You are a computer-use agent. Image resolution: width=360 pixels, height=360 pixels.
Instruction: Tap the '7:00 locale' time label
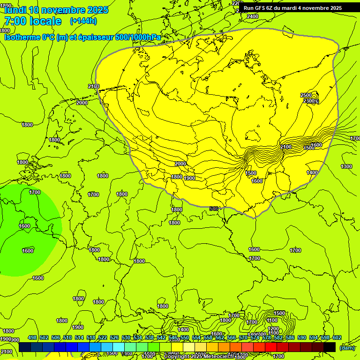coord(32,21)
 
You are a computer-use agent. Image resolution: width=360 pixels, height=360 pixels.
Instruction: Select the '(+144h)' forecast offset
coord(83,21)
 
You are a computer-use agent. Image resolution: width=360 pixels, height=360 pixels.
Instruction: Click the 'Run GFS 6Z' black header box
coord(292,8)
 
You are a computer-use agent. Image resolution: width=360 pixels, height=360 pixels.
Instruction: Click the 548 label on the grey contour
coord(214,208)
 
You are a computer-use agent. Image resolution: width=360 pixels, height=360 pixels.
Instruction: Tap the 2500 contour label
coord(306,95)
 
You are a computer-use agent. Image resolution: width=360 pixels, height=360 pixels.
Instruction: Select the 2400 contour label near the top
coord(252,16)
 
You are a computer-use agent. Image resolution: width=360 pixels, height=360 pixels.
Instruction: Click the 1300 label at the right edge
coord(346,166)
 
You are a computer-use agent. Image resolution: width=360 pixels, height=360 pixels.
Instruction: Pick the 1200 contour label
coord(273,329)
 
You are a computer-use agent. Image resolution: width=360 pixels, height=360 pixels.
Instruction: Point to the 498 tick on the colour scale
coord(32,337)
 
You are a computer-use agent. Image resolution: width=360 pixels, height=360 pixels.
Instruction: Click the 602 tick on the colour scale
coord(337,337)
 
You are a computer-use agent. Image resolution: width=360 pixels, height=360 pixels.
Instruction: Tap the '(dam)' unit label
coord(347,347)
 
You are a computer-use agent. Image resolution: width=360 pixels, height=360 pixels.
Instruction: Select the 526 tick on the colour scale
coord(114,337)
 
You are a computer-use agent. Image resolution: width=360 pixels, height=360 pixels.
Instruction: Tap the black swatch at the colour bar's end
coord(330,347)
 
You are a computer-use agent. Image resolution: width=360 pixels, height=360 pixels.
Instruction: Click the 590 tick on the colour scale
coord(301,337)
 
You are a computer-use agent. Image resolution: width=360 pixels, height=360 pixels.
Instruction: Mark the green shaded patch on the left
coord(28,230)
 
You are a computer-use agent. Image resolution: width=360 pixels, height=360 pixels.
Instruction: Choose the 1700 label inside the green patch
coord(35,192)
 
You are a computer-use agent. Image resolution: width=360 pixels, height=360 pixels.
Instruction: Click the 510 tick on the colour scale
coord(67,337)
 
